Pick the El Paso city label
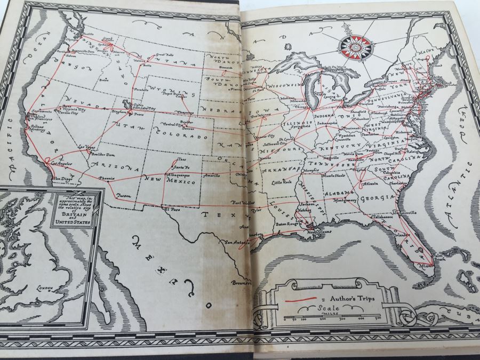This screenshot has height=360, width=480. [x=170, y=210]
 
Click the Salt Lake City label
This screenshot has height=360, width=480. [x=145, y=108]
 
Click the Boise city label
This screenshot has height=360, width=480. [x=103, y=80]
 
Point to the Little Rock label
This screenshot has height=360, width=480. [x=282, y=182]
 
